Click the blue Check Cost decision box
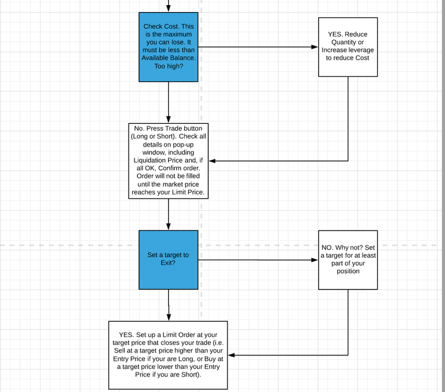coord(168,47)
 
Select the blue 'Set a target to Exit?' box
coord(168,260)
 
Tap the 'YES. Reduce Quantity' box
coord(348,47)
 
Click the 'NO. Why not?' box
coord(348,260)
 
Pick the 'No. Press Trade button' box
coord(168,161)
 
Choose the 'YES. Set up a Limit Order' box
coord(168,355)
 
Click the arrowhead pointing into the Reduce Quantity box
coord(315,47)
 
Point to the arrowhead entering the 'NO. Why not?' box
coord(315,260)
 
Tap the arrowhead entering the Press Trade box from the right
coord(212,161)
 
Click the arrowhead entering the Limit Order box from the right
coord(231,355)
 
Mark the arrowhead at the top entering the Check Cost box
coord(168,9)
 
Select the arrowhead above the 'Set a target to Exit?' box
coord(168,226)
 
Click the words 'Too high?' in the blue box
coord(169,66)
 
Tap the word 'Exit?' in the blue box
coord(168,263)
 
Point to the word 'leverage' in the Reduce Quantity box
coord(362,50)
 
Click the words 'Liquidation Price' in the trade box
coord(158,160)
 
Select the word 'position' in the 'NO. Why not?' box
coord(348,271)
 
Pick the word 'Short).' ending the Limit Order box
coord(191,375)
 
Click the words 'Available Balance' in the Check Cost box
coord(168,58)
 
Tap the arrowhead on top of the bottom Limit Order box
coord(169,317)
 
